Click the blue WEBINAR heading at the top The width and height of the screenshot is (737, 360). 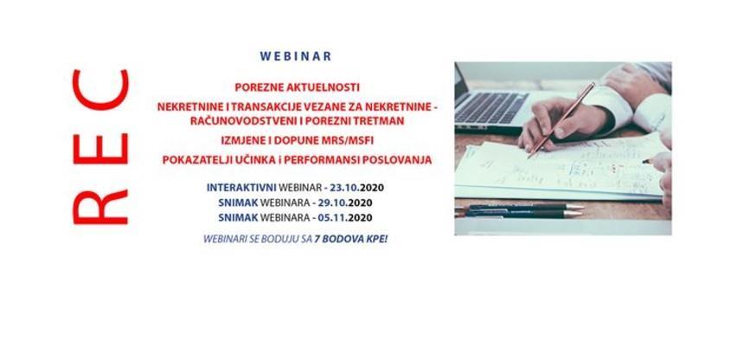coord(296,56)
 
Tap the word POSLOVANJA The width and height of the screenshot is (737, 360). coord(398,160)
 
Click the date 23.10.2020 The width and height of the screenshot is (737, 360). coord(357,187)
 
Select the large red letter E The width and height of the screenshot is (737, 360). coord(100,143)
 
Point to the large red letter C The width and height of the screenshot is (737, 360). coord(100,90)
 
